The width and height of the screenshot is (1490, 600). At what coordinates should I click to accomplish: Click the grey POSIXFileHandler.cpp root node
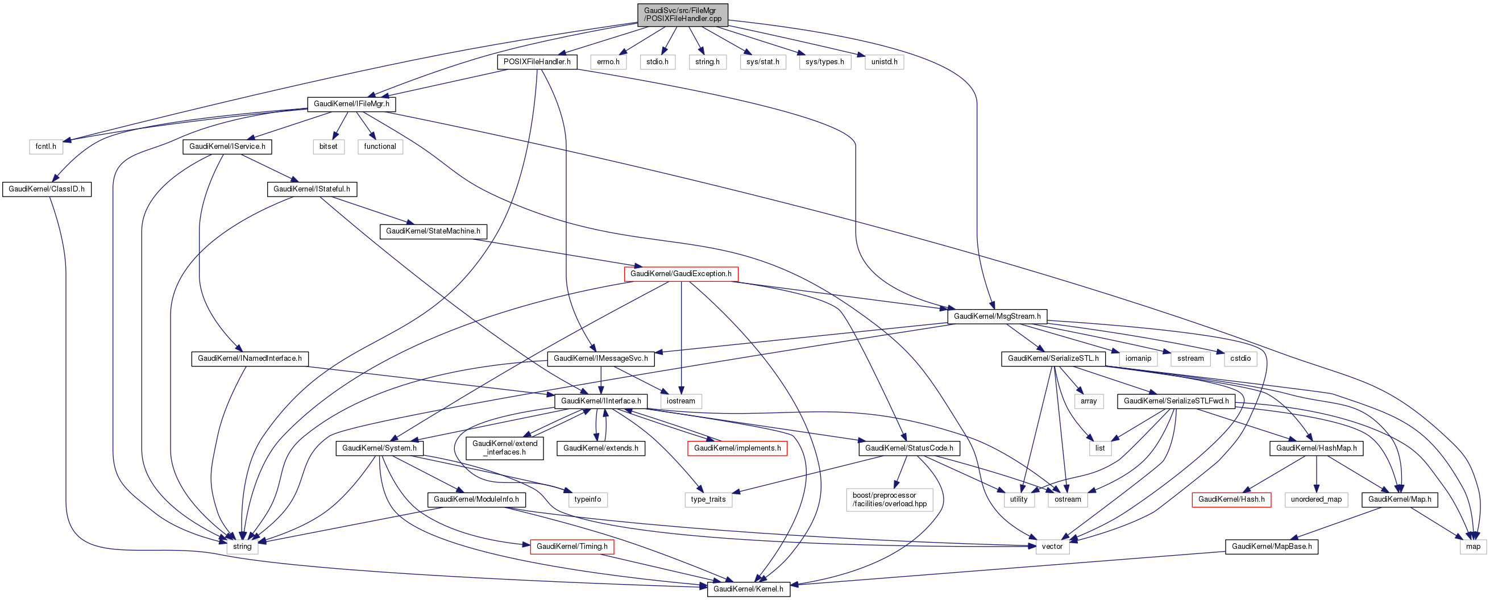click(683, 14)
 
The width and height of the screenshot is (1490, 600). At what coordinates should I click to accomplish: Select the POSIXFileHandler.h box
click(537, 62)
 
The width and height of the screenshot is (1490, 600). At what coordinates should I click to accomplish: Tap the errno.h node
click(608, 62)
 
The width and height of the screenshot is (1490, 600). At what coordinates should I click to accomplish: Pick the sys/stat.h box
click(762, 62)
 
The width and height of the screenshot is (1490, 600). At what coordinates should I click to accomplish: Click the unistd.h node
click(884, 62)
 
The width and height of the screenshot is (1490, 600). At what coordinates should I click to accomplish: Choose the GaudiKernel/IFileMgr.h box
click(351, 104)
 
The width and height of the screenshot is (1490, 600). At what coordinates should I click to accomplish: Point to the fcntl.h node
click(45, 146)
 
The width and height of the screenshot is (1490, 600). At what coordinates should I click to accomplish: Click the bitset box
click(328, 146)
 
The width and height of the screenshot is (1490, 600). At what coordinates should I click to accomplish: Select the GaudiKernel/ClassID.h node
click(46, 189)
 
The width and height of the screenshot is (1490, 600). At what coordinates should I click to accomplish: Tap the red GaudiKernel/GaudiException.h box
click(681, 273)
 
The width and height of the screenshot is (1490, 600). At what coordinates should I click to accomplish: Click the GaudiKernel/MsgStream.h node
click(997, 316)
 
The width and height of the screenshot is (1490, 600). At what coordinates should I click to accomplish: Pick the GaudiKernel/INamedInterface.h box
click(250, 359)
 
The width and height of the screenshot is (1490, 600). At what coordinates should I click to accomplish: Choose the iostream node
click(681, 401)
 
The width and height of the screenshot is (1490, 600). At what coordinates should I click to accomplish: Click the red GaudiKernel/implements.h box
click(737, 448)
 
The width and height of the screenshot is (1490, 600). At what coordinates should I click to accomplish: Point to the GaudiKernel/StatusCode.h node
click(908, 448)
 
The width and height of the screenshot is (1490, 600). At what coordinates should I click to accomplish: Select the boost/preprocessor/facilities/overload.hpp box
click(889, 499)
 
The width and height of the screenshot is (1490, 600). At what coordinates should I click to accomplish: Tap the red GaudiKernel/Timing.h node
click(571, 546)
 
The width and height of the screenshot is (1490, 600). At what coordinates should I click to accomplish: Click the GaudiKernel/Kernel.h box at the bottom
click(748, 589)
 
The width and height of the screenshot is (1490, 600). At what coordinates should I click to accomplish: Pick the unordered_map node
click(1316, 499)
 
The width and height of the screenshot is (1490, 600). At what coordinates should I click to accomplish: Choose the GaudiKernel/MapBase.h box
click(1271, 546)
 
